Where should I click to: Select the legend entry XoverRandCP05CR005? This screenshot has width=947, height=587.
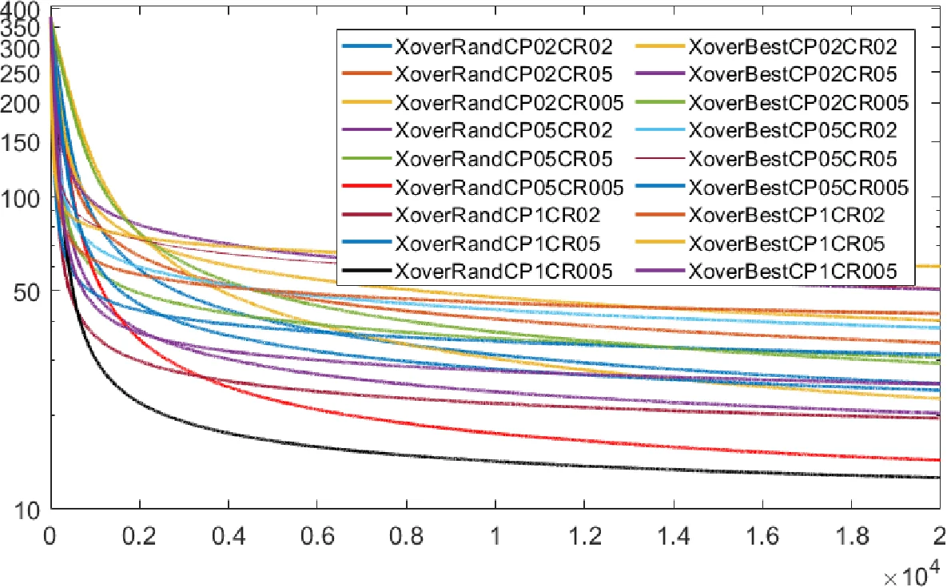(509, 188)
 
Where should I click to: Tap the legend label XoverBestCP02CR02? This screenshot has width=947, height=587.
(792, 46)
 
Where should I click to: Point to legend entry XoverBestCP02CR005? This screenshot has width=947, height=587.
(798, 103)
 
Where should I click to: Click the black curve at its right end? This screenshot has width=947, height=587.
(937, 478)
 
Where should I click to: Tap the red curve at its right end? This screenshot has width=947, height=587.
(937, 460)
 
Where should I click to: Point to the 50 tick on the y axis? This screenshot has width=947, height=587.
(27, 291)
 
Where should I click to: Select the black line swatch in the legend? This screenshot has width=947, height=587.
(367, 272)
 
